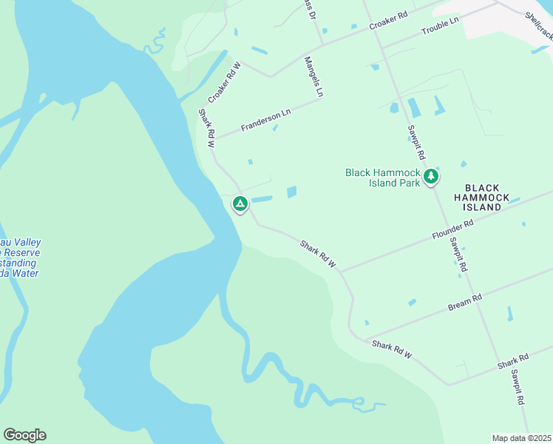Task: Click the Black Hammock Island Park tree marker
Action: (x=430, y=177)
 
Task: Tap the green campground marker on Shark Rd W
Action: (x=240, y=203)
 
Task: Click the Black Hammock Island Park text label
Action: (x=382, y=178)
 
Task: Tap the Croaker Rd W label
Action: (x=225, y=84)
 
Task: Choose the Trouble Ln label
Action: (x=441, y=27)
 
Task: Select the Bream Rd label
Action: (x=465, y=301)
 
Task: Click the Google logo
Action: (x=24, y=435)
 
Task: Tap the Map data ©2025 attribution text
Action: (x=521, y=438)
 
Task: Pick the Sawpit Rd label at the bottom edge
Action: (x=518, y=387)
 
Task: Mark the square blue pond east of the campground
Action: (x=291, y=192)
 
